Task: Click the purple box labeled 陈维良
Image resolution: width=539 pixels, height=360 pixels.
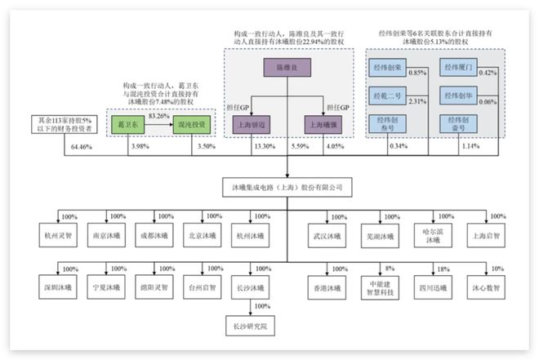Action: coord(287,69)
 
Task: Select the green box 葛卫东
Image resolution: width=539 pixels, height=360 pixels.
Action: coord(128,125)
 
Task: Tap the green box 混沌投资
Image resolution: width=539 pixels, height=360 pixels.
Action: coord(193,125)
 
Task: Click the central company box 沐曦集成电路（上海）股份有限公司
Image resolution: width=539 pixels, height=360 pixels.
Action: coord(287,188)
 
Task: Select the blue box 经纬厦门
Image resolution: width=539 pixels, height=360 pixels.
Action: coord(460,68)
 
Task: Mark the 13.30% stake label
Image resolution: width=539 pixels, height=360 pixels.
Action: coord(264,146)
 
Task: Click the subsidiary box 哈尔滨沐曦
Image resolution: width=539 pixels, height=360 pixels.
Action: coord(434,234)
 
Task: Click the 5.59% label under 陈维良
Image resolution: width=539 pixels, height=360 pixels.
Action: coord(301,146)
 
